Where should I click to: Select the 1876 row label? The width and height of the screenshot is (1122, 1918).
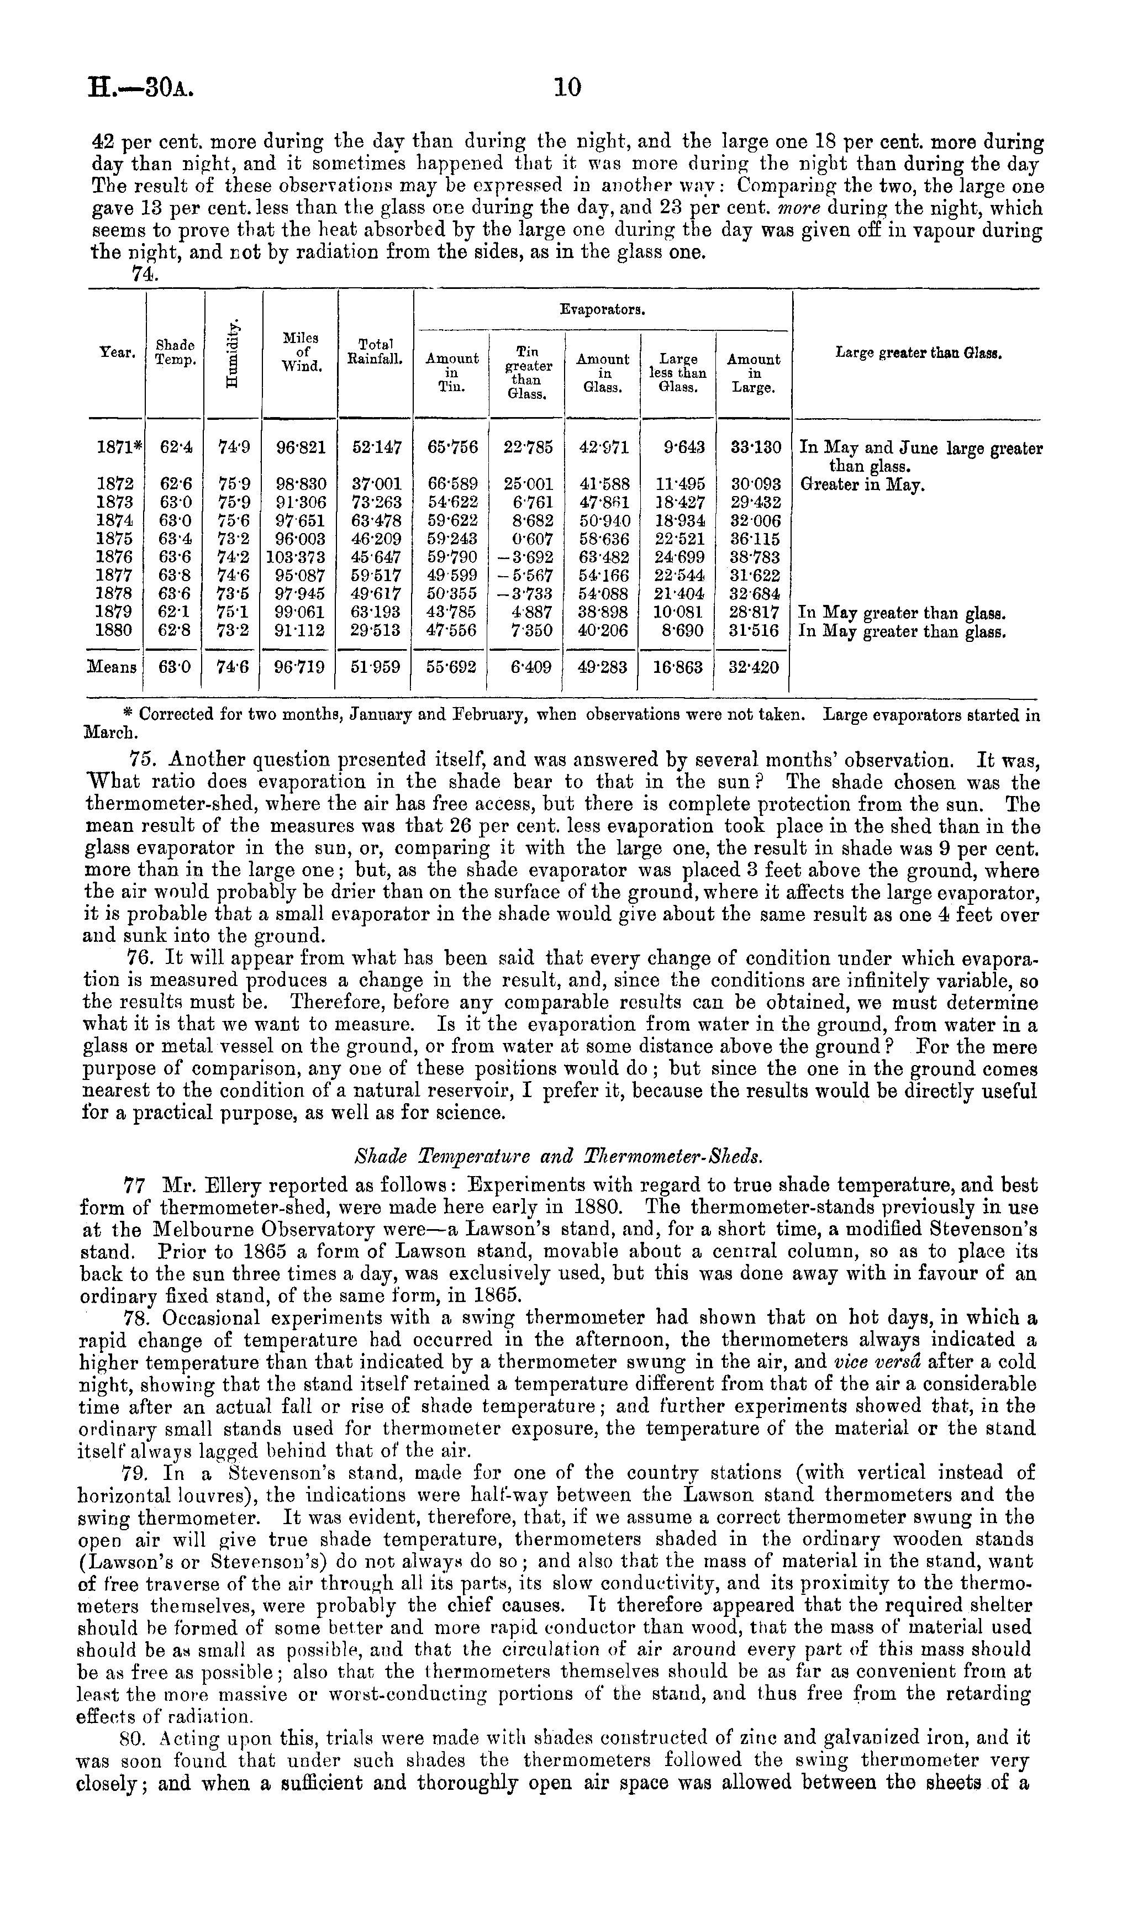tap(115, 556)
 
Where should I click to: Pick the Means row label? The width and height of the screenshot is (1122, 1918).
tap(112, 667)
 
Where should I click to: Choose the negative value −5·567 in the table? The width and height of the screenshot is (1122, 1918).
tap(526, 575)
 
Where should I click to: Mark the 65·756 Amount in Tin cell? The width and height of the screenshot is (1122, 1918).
tap(452, 447)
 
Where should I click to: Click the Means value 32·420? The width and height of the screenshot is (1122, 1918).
tap(754, 667)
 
